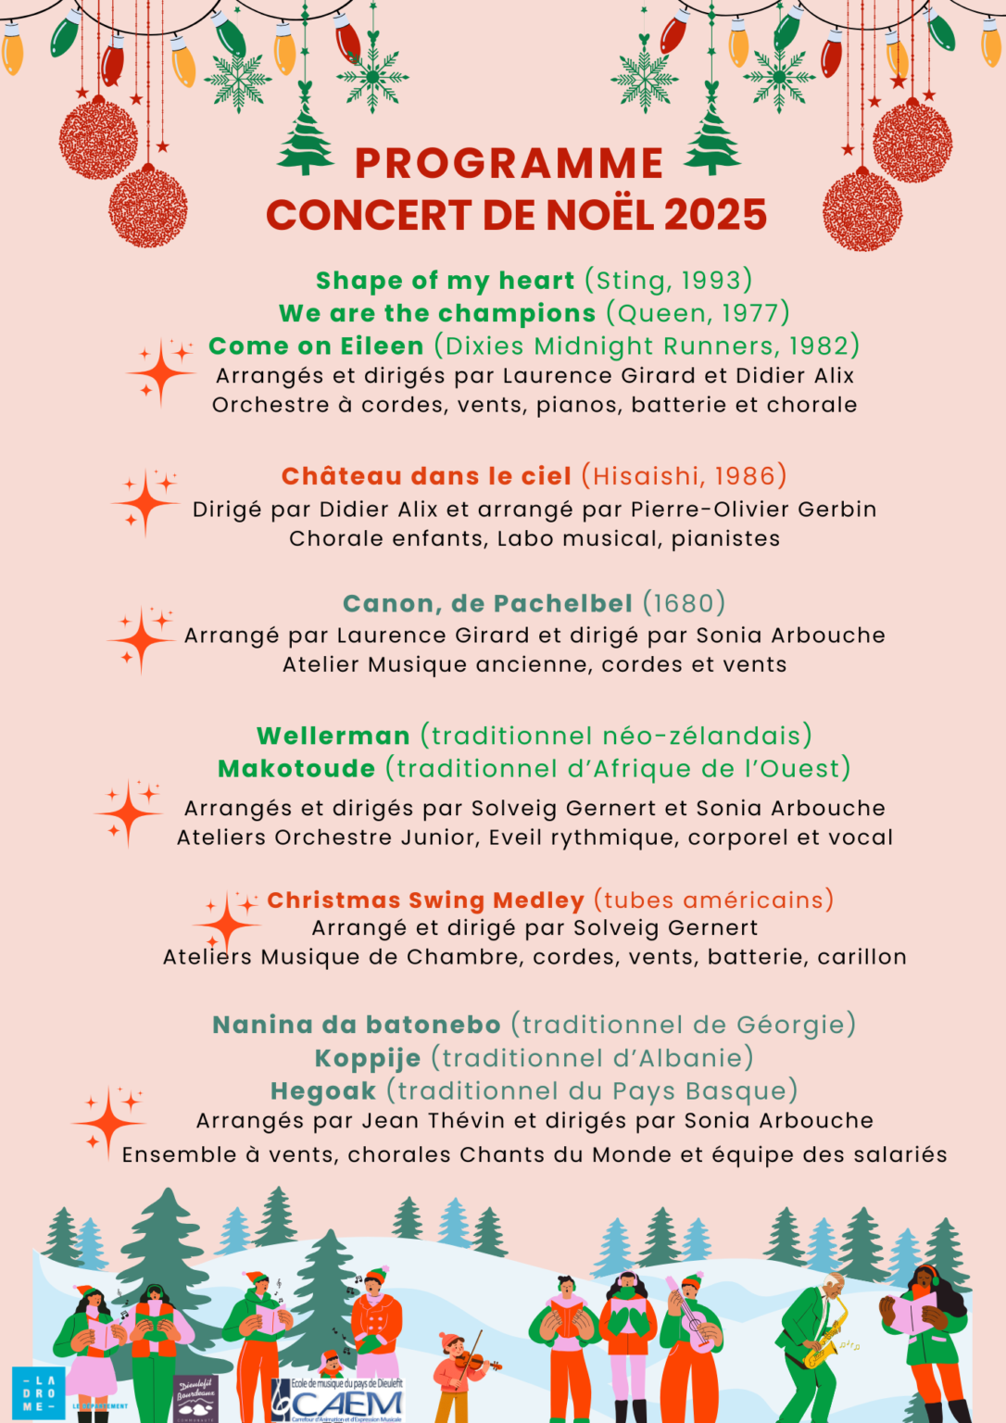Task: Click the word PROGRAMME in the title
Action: point(509,164)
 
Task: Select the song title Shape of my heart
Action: point(445,281)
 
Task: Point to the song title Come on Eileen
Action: point(316,346)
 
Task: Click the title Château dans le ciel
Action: point(426,476)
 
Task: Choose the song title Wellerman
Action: point(333,736)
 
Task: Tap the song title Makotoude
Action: point(296,769)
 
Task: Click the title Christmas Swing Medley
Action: point(425,900)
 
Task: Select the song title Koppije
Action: point(367,1058)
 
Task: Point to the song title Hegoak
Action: point(323,1091)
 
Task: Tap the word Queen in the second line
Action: point(656,313)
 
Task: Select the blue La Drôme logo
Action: point(38,1393)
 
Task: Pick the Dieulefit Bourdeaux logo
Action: point(195,1397)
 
